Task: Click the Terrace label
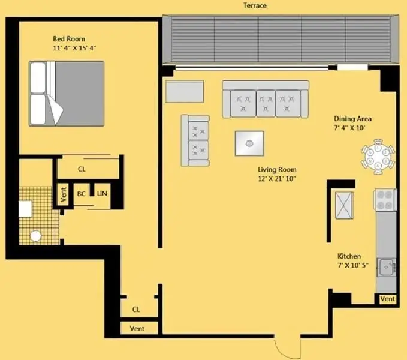[x=255, y=5]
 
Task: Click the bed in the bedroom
[x=67, y=94]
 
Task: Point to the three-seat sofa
[x=266, y=100]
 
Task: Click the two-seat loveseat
[x=195, y=140]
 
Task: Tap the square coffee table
[x=249, y=143]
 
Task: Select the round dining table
[x=378, y=157]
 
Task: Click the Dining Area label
[x=352, y=119]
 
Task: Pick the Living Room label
[x=276, y=169]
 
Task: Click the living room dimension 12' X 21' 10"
[x=276, y=178]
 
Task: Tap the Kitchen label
[x=349, y=256]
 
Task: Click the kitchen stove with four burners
[x=385, y=200]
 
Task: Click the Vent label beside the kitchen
[x=387, y=299]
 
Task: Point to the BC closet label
[x=81, y=194]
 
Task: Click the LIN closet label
[x=102, y=194]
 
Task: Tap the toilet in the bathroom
[x=36, y=236]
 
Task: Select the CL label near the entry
[x=136, y=310]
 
